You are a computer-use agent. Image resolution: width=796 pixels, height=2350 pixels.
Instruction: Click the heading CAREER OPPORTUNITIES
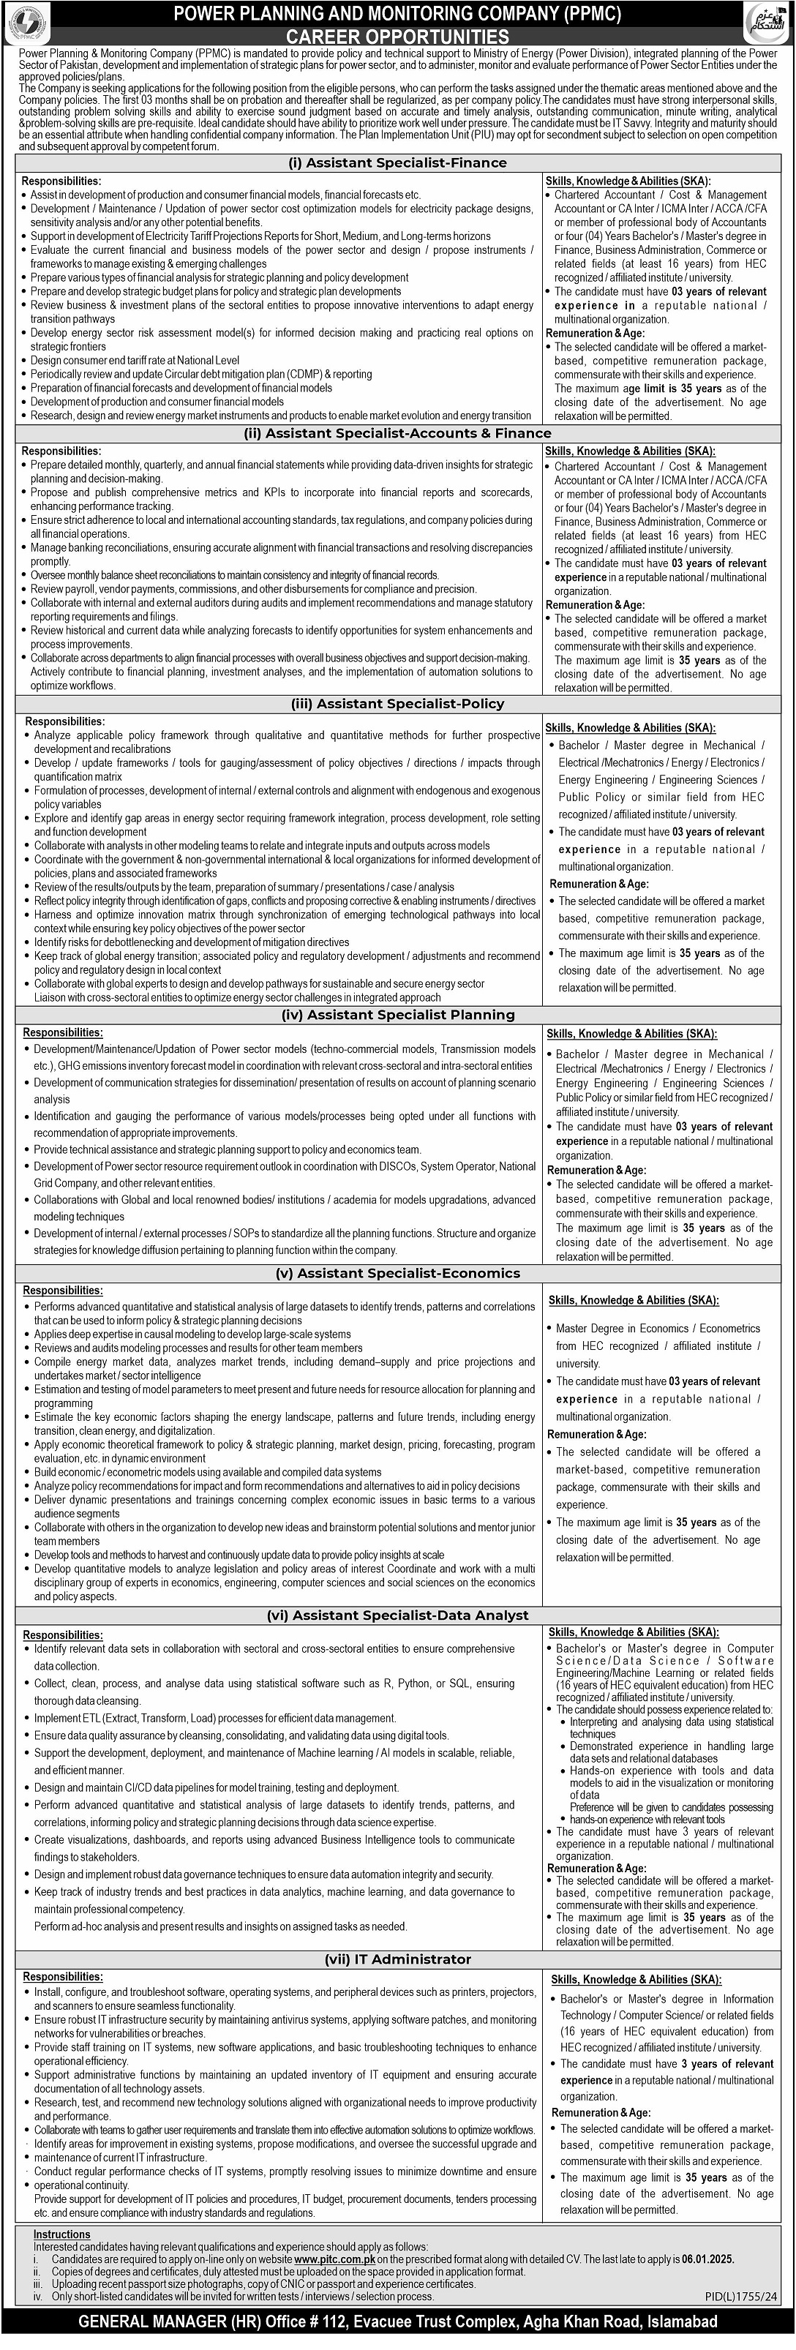click(397, 37)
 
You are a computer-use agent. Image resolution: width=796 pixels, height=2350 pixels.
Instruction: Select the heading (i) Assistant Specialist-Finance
click(397, 162)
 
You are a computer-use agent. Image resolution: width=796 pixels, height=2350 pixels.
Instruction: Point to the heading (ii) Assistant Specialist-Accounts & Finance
click(397, 433)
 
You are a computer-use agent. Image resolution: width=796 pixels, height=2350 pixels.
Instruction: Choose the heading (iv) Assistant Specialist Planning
click(397, 1015)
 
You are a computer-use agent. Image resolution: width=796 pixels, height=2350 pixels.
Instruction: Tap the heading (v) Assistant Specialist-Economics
click(397, 1274)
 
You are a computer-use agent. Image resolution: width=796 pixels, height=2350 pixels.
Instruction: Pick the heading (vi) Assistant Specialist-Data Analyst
click(397, 1615)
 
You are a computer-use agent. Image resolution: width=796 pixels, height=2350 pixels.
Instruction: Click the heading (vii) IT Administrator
click(397, 1959)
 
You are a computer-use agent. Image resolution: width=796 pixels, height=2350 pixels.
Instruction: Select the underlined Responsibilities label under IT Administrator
click(63, 1976)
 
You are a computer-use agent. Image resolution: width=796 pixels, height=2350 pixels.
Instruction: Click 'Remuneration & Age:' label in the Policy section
click(597, 883)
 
